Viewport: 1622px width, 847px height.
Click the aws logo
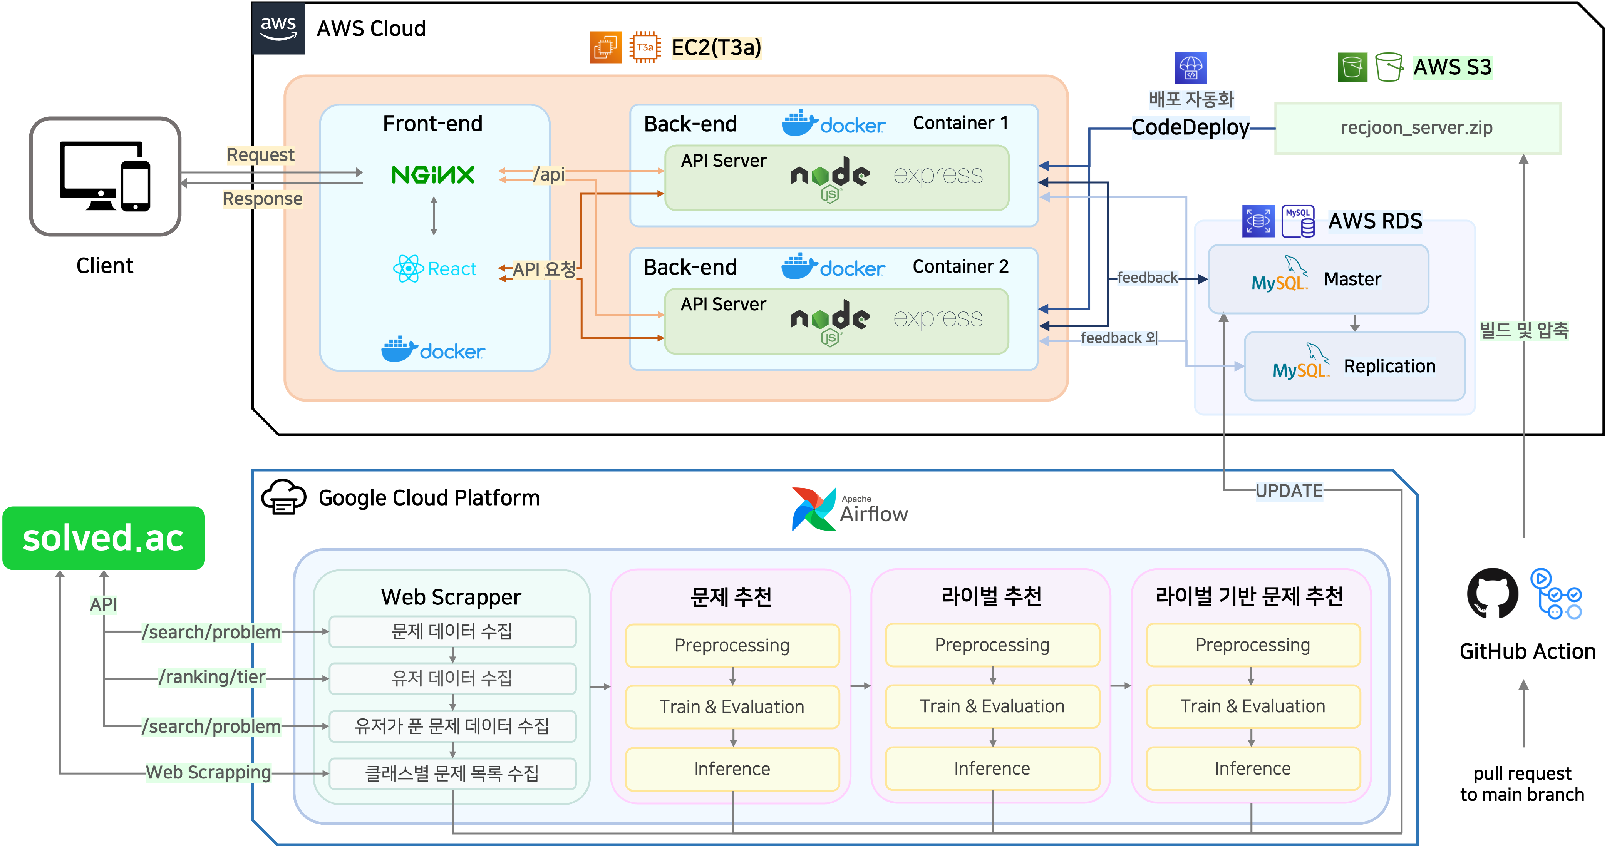point(278,28)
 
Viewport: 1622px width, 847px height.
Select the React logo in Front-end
point(434,269)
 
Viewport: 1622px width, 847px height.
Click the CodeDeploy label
point(1190,127)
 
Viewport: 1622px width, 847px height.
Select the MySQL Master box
point(1318,280)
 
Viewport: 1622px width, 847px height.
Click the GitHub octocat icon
point(1492,593)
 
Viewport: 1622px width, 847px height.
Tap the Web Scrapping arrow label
point(208,773)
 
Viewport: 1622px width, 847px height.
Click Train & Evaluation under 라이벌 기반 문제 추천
point(1252,706)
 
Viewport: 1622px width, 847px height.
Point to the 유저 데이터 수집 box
point(452,678)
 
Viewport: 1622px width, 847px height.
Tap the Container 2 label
point(960,266)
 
